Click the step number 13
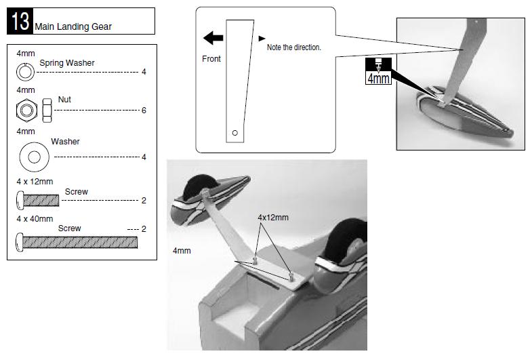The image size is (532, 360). coord(20,22)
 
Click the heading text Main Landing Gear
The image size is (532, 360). coord(74,27)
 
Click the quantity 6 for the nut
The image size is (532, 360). coord(144,110)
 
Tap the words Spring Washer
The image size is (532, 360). coord(67,63)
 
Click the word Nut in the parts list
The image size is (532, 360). coord(64,100)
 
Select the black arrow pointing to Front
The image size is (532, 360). coord(213,39)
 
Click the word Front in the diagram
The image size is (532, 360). coord(211,59)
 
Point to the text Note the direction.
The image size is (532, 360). coord(293,47)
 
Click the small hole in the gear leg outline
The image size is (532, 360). coord(234,133)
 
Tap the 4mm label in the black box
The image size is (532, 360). coord(379,78)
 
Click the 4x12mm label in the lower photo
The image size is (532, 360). coord(272,218)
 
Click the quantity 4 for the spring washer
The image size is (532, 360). coord(144,71)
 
